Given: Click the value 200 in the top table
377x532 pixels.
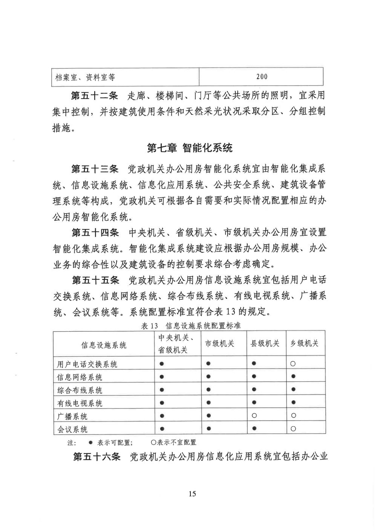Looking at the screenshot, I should click(261, 77).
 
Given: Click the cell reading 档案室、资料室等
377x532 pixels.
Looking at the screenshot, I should click(85, 78).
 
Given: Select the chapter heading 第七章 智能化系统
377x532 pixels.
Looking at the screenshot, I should click(190, 148).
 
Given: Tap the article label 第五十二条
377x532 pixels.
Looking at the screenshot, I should click(95, 96).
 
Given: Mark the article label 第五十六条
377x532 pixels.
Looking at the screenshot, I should click(97, 457).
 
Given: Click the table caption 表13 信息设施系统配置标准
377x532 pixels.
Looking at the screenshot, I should click(191, 326).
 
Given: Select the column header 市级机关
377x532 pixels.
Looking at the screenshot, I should click(219, 343).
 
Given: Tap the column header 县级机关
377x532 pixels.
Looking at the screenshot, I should click(265, 343).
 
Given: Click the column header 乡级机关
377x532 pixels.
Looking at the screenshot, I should click(304, 343).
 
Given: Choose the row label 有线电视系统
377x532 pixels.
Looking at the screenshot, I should click(80, 403).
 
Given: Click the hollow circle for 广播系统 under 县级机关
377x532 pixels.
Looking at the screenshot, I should click(254, 416).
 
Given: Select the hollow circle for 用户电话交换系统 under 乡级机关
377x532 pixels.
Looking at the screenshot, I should click(293, 364).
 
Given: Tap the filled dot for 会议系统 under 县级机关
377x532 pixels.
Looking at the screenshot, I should click(254, 428).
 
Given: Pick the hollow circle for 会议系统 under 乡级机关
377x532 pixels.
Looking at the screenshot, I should click(293, 428).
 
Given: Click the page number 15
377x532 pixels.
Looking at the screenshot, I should click(192, 494).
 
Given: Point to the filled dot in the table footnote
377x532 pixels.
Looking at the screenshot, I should click(90, 443).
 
